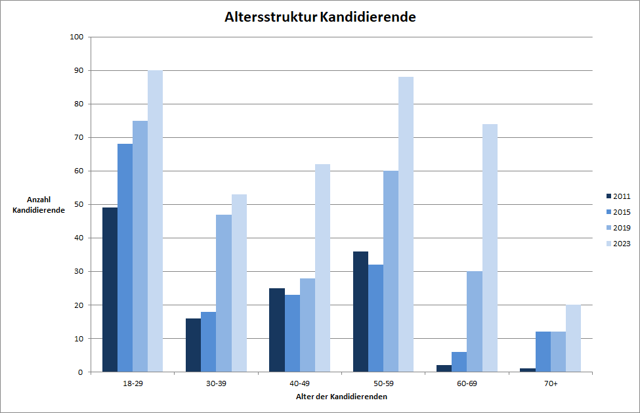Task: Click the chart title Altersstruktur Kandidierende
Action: (x=320, y=17)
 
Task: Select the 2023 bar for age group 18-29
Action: (x=155, y=221)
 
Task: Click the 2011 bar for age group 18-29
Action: (x=110, y=290)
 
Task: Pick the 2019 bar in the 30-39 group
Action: (x=224, y=293)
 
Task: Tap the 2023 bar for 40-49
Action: (x=322, y=268)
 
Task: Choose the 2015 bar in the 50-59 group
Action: (x=375, y=318)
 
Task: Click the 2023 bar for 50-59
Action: (x=406, y=225)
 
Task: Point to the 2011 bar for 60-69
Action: (x=444, y=368)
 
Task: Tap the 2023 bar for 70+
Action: (x=573, y=338)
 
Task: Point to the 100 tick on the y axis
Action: (x=75, y=37)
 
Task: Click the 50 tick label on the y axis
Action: (x=77, y=204)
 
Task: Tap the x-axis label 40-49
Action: (x=299, y=383)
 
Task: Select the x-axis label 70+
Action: (x=550, y=383)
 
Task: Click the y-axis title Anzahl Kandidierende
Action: (x=38, y=205)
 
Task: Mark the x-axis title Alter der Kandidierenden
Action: (x=341, y=397)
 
